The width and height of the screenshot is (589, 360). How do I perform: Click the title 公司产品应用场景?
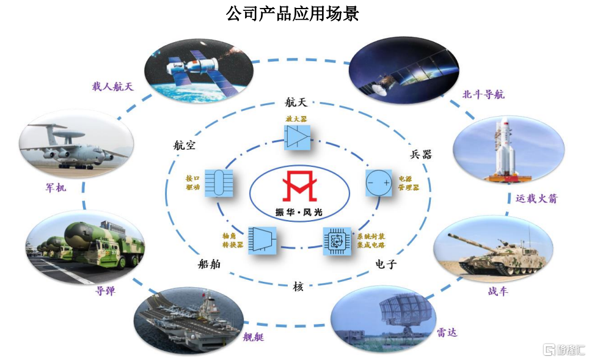[x=293, y=13]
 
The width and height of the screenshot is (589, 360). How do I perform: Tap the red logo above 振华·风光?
[x=299, y=187]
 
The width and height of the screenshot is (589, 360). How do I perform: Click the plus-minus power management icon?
[x=378, y=183]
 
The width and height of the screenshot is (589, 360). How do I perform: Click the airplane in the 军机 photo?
[x=73, y=147]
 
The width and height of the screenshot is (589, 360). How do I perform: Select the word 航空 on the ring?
[x=184, y=145]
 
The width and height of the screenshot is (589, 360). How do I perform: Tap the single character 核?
[x=298, y=285]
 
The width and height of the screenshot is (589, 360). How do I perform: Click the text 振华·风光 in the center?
[x=299, y=212]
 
